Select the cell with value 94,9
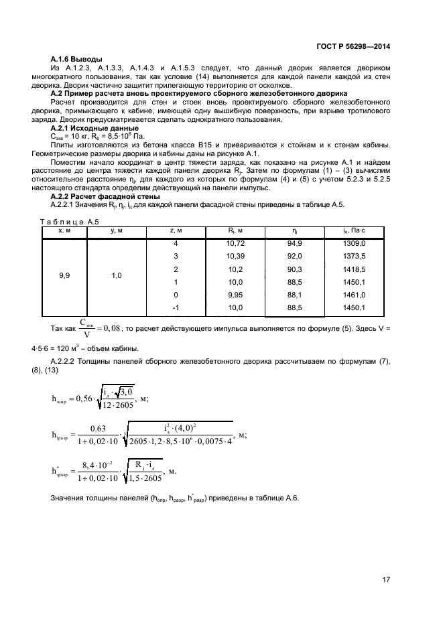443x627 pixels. [295, 244]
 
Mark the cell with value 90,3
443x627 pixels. [295, 269]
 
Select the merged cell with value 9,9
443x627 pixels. [64, 275]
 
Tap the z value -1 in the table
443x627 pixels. [176, 307]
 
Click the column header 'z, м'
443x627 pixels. [176, 231]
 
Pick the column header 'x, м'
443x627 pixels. [64, 231]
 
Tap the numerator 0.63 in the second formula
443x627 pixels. [99, 429]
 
